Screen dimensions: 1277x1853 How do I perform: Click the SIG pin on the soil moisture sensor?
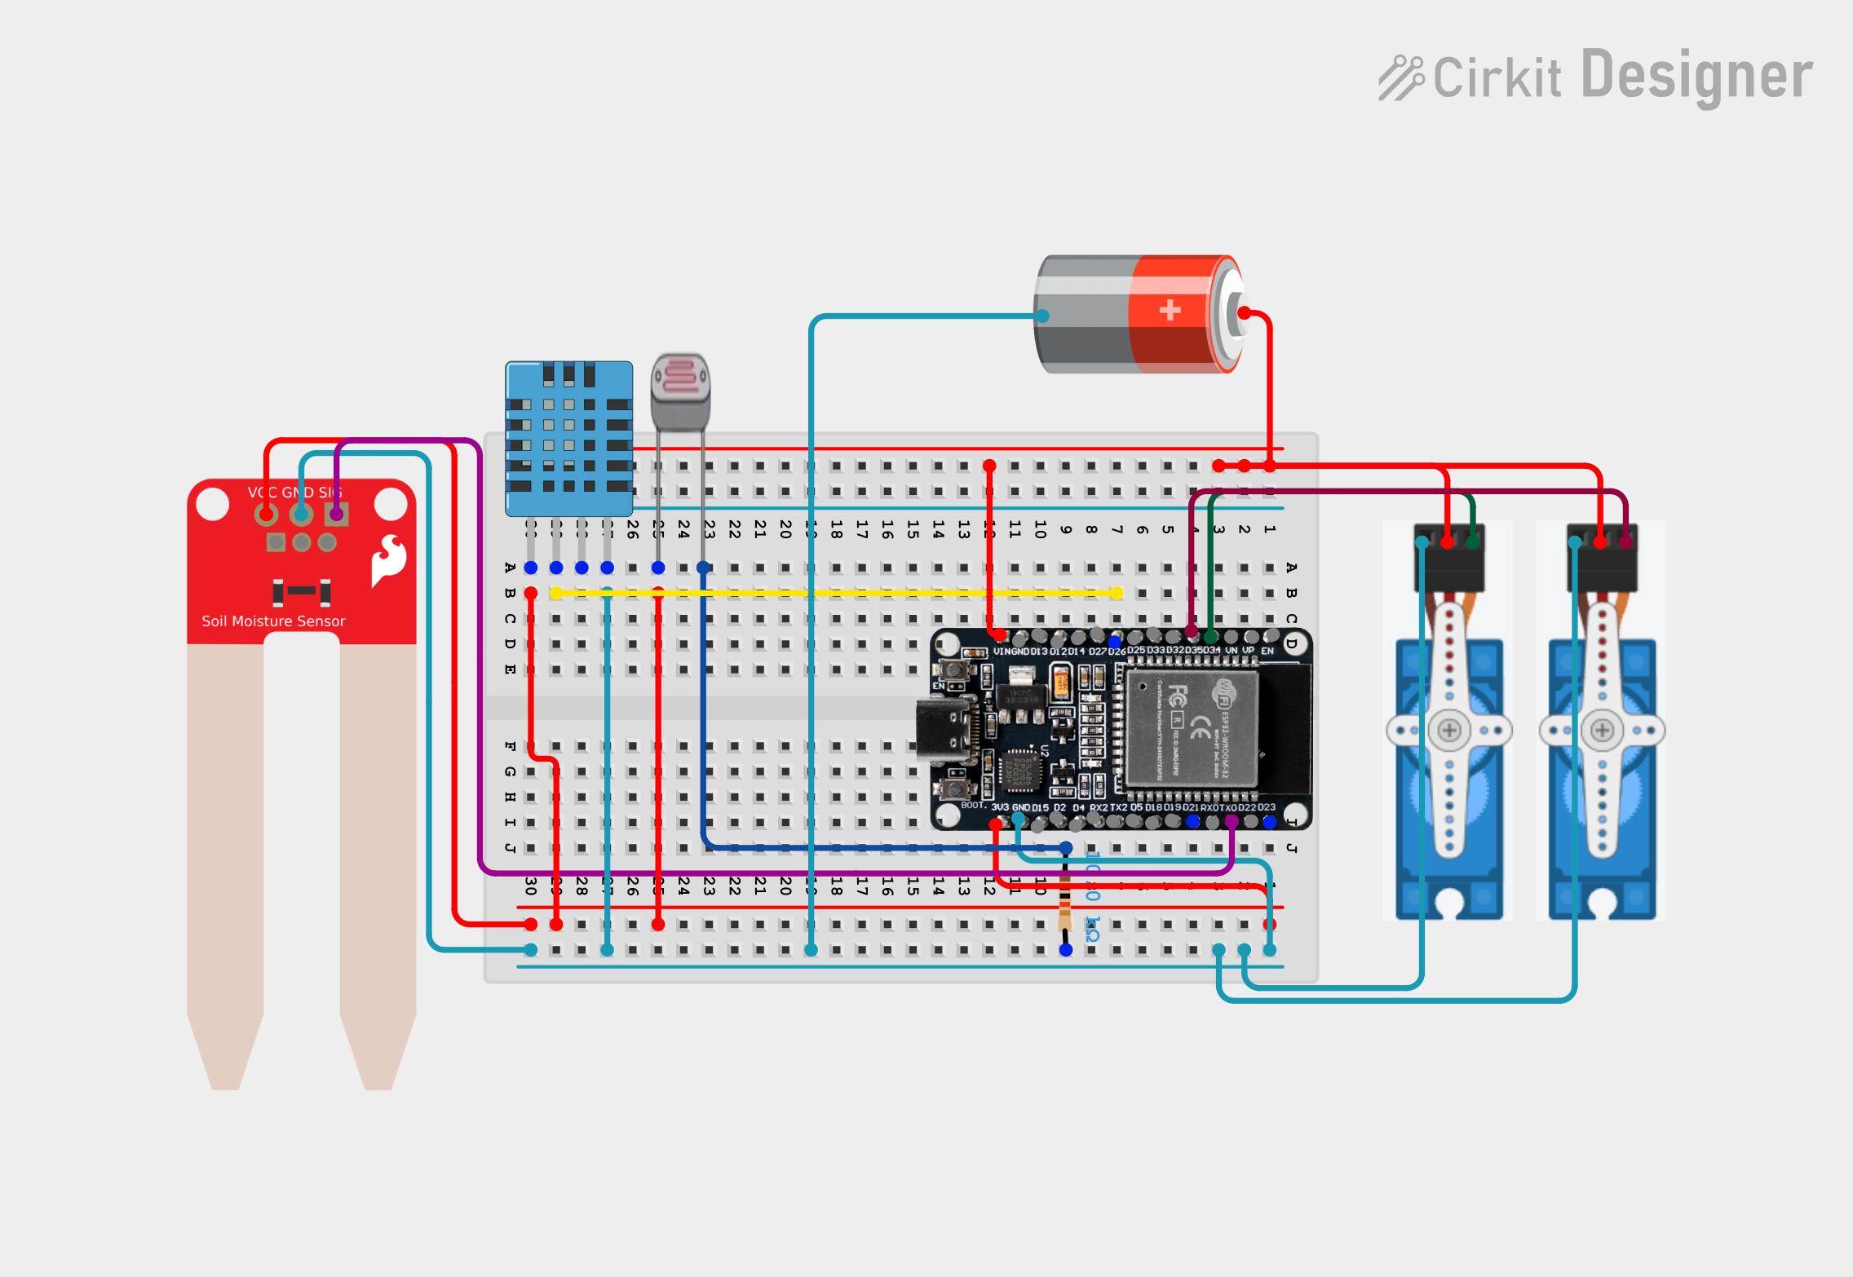[x=336, y=514]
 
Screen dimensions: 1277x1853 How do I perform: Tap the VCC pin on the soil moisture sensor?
[x=267, y=514]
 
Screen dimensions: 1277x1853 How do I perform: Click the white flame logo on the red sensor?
[x=389, y=560]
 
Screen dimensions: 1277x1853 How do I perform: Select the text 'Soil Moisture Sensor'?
[x=273, y=621]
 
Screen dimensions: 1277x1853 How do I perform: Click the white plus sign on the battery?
[x=1170, y=310]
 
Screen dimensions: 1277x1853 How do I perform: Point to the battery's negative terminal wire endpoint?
[x=1043, y=316]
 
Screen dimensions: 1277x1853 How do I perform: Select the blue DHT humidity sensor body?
[x=568, y=438]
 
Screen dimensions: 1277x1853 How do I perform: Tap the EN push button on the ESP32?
[x=952, y=671]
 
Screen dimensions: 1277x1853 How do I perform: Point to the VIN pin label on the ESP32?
[x=1002, y=652]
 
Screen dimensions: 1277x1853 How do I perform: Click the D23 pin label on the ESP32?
[x=1267, y=807]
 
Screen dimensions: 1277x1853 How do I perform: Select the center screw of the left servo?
[x=1449, y=730]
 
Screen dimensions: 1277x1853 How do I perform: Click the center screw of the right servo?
[x=1602, y=730]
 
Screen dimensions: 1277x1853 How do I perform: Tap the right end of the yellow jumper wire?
[x=1117, y=593]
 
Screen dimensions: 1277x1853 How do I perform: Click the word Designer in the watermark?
[x=1696, y=76]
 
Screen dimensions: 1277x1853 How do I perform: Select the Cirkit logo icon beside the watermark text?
[x=1400, y=78]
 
